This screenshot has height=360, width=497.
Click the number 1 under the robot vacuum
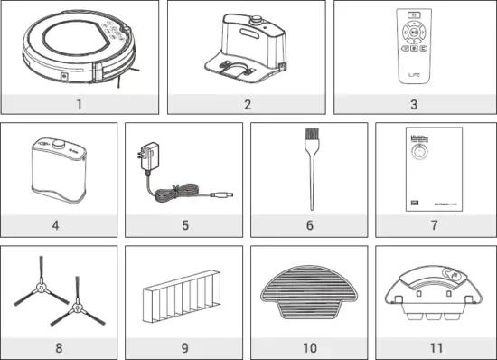tap(79, 104)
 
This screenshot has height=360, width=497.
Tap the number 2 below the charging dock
tap(246, 104)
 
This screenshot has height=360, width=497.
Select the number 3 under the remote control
tap(413, 104)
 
